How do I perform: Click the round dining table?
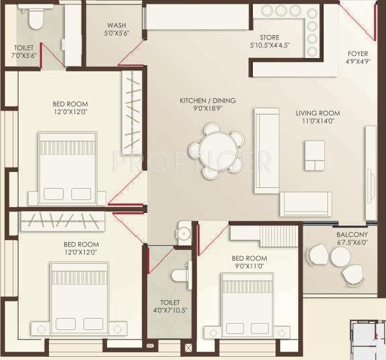coord(216,151)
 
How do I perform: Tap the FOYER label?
coord(357,54)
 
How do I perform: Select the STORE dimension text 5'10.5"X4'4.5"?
coord(270,46)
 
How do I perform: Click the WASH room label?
coord(117,25)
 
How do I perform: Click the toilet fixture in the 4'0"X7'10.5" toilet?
coord(180,275)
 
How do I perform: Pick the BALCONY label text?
coord(352,234)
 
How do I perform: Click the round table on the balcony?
coord(341,257)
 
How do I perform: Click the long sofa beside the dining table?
coord(266,150)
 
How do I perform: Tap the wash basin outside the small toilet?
coord(185,232)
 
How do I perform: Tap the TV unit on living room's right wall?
coord(370,164)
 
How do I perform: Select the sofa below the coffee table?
coord(306,203)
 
